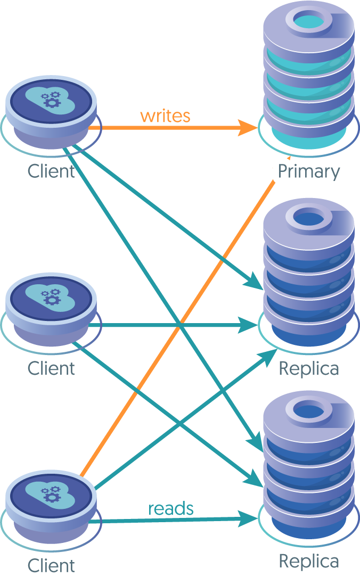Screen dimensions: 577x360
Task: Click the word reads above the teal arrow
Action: coord(170,508)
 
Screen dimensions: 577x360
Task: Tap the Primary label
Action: coord(309,171)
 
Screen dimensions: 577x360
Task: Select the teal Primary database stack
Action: coord(309,77)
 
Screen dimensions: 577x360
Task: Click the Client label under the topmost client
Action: coord(51,171)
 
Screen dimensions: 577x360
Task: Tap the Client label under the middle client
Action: coord(51,368)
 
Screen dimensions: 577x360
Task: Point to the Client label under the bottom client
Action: coord(51,565)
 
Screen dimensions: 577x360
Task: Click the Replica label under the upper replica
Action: coord(309,368)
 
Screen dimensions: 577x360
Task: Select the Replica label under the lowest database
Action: coord(309,561)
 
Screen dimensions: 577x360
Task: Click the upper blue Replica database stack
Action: coord(309,277)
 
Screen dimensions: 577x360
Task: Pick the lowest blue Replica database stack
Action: coord(309,468)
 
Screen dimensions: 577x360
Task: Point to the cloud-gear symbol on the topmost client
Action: coord(51,98)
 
